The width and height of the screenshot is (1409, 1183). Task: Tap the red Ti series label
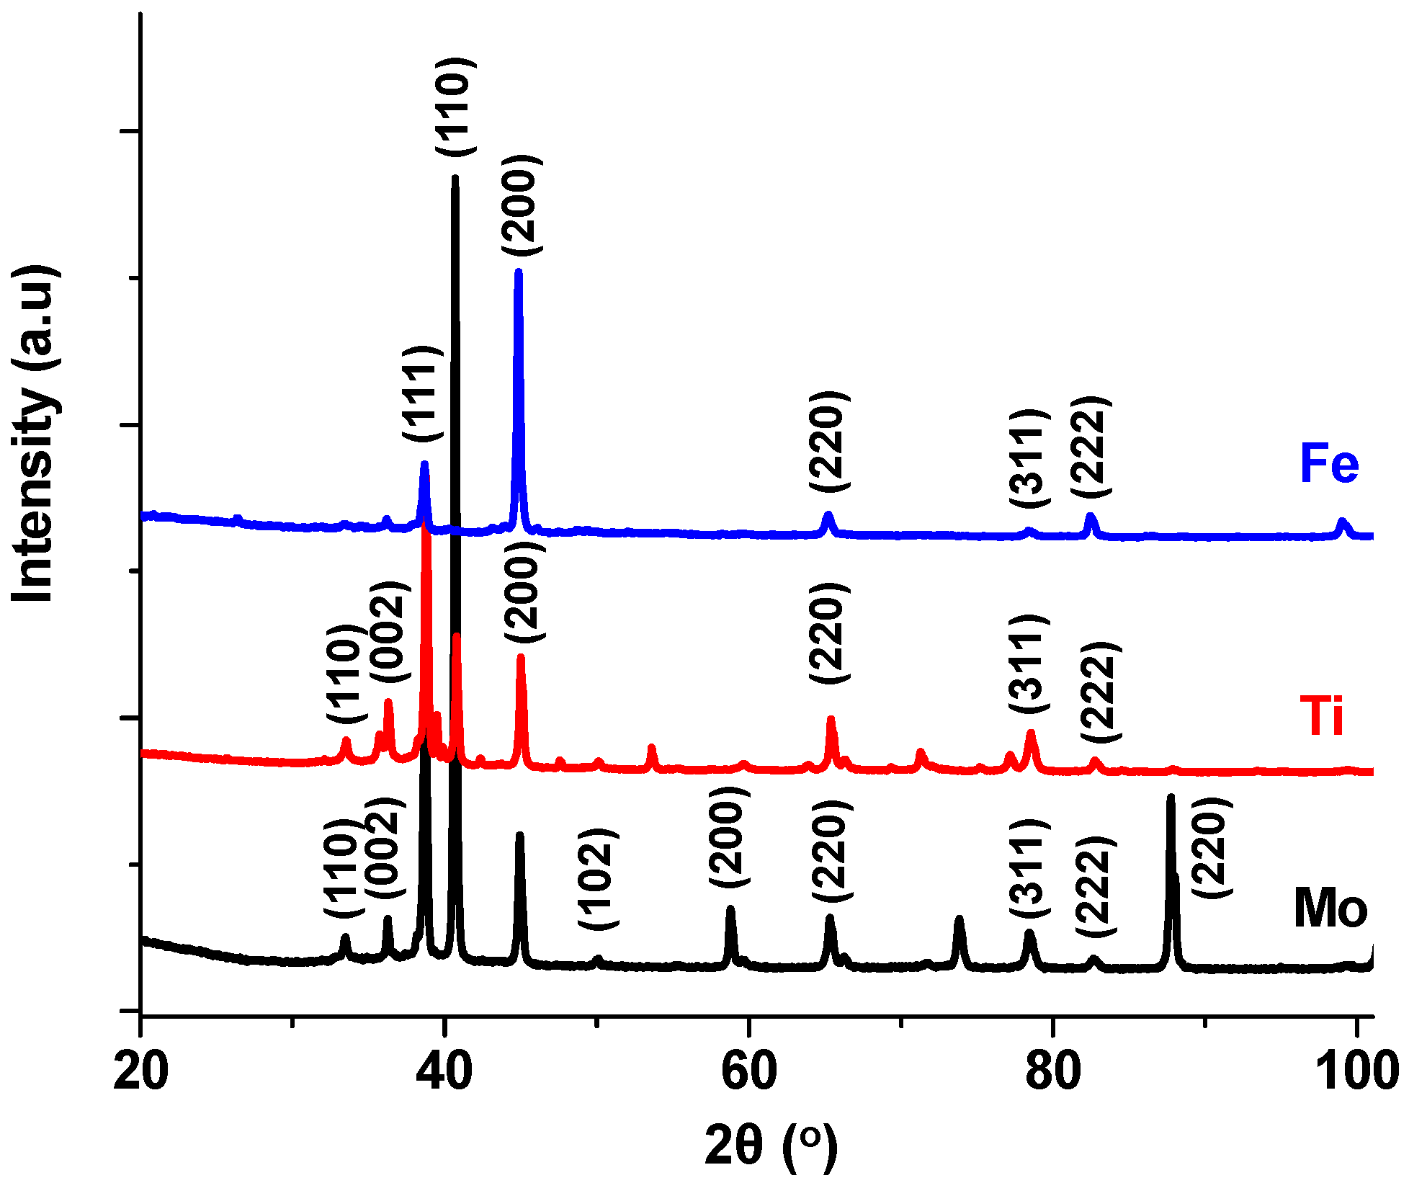1321,717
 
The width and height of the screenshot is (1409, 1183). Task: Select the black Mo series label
1330,909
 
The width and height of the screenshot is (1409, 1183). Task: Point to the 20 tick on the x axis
141,1071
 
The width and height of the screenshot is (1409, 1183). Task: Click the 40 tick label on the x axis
444,1071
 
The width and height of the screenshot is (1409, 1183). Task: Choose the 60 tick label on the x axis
749,1071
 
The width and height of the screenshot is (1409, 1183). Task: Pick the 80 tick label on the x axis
1053,1071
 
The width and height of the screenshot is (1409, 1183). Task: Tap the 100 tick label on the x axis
1356,1071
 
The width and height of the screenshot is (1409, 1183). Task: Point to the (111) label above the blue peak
422,393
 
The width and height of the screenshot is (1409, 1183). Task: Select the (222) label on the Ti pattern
1100,692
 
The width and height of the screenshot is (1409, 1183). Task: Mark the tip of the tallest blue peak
518,272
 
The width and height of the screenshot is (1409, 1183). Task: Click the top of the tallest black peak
455,178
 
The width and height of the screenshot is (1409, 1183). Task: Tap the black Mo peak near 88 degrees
1171,798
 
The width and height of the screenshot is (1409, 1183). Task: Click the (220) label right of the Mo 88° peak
1210,847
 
